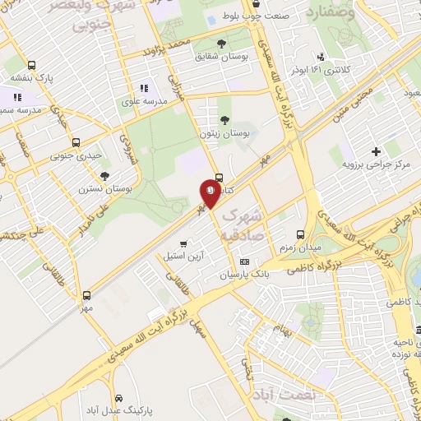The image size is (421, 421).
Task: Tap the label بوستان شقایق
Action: click(x=220, y=57)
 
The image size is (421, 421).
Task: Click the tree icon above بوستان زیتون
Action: click(x=224, y=120)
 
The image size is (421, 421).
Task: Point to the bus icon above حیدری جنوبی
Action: click(x=76, y=142)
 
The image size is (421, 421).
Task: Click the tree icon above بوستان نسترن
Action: click(x=104, y=175)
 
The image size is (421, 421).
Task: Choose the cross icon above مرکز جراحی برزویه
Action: click(x=376, y=151)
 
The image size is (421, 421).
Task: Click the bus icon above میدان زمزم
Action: click(x=300, y=212)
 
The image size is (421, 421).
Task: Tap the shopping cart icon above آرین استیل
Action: click(x=183, y=243)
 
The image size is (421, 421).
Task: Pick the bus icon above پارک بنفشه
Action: click(x=31, y=65)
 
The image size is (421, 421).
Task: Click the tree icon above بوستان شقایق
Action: click(x=220, y=44)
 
